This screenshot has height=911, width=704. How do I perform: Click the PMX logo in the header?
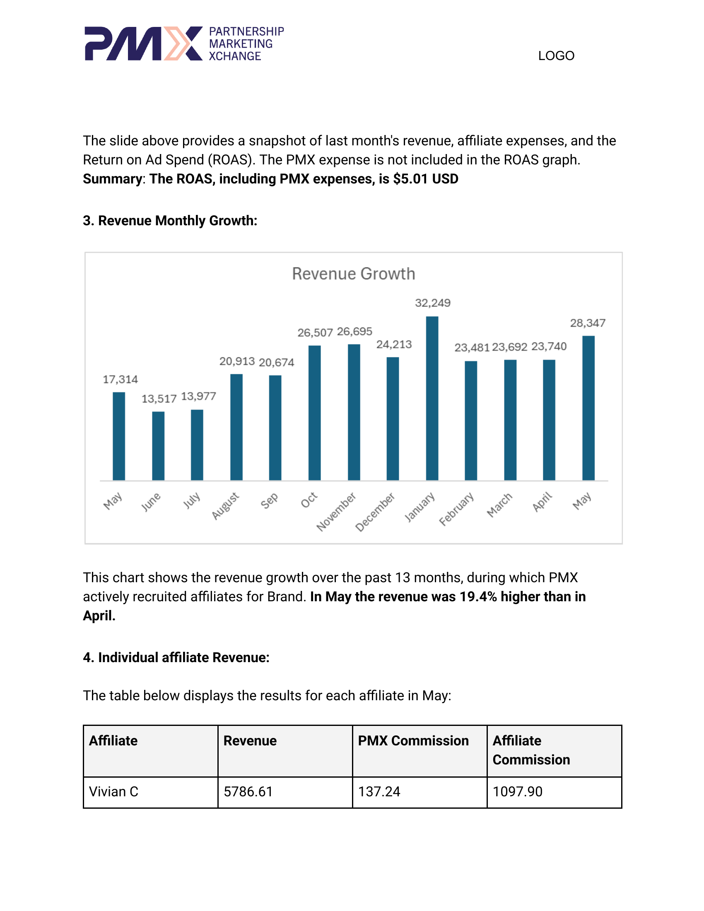pyautogui.click(x=183, y=43)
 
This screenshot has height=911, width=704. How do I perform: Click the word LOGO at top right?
pyautogui.click(x=556, y=56)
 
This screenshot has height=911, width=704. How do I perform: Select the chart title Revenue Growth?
pyautogui.click(x=353, y=274)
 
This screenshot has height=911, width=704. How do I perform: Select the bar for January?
pyautogui.click(x=432, y=398)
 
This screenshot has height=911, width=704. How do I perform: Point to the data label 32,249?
pyautogui.click(x=432, y=303)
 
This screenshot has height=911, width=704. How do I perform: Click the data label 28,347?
pyautogui.click(x=587, y=323)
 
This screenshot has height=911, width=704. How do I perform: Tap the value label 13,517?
pyautogui.click(x=159, y=399)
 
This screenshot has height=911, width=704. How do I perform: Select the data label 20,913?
pyautogui.click(x=237, y=362)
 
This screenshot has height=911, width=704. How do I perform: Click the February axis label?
pyautogui.click(x=457, y=509)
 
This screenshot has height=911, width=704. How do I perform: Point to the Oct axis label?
pyautogui.click(x=309, y=500)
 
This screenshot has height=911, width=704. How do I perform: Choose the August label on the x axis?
pyautogui.click(x=225, y=506)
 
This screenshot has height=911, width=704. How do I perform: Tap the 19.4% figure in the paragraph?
pyautogui.click(x=478, y=597)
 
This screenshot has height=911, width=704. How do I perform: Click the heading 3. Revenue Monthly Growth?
pyautogui.click(x=170, y=221)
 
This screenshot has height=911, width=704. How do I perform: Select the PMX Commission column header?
pyautogui.click(x=413, y=741)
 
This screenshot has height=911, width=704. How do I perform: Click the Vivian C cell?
pyautogui.click(x=113, y=792)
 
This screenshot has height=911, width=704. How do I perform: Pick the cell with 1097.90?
pyautogui.click(x=517, y=792)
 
